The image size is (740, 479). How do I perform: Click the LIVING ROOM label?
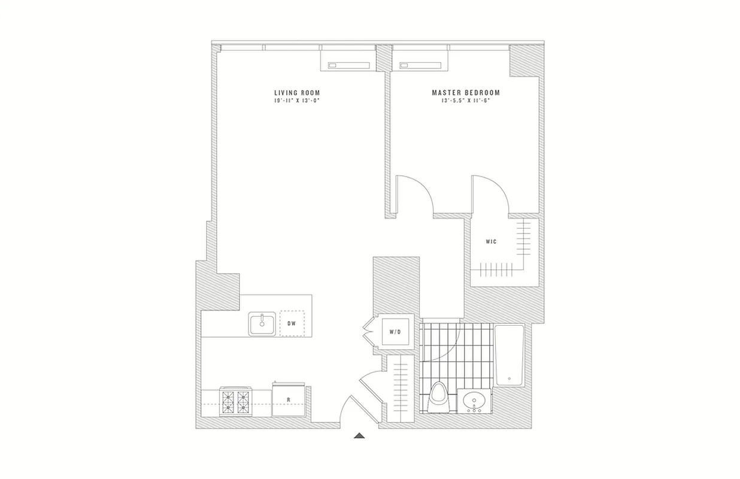(x=297, y=93)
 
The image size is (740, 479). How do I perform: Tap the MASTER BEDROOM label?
(x=466, y=93)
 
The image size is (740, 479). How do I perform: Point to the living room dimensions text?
(x=297, y=101)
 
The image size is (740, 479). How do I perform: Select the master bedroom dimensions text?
(x=466, y=101)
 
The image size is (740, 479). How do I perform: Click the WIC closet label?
(x=491, y=242)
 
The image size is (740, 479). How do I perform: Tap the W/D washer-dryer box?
(x=395, y=331)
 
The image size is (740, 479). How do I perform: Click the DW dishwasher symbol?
(x=292, y=324)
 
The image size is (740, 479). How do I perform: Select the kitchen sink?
(x=262, y=324)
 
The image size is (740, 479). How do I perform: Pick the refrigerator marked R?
(x=289, y=400)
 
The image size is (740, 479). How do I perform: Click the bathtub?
(x=509, y=356)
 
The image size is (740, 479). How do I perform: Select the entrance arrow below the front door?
(x=359, y=436)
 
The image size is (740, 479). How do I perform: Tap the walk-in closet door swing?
(x=491, y=193)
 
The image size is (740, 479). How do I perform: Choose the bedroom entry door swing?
(x=414, y=193)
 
